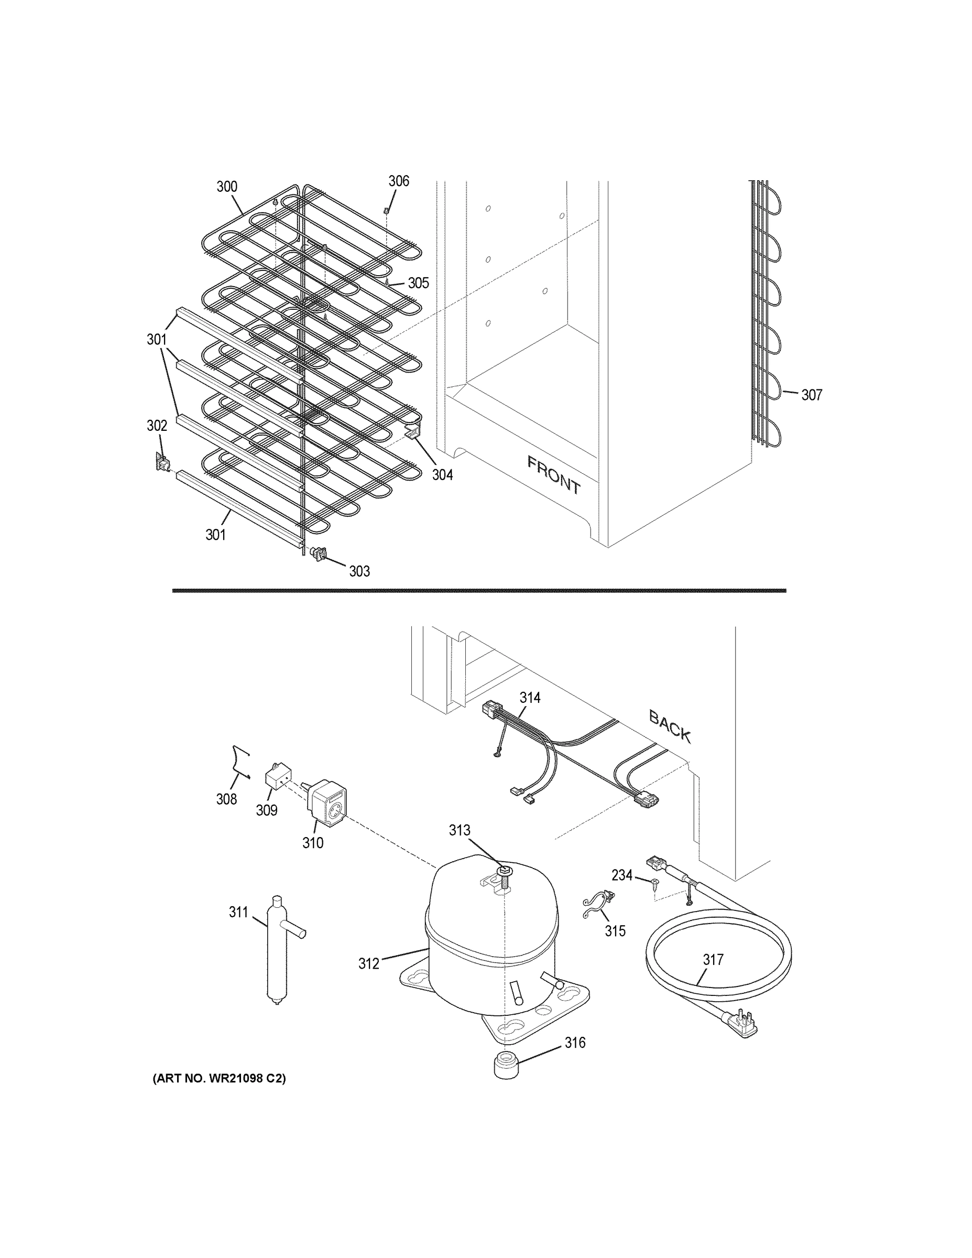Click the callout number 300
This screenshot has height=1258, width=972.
click(x=227, y=187)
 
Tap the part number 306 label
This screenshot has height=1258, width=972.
click(x=398, y=181)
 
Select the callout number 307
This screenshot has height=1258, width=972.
click(x=812, y=395)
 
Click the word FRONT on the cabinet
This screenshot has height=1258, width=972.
click(x=554, y=475)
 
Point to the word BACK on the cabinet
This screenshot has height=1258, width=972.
click(x=670, y=726)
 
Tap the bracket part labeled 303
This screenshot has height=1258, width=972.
click(x=318, y=554)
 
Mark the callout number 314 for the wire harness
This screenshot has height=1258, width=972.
click(x=530, y=698)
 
